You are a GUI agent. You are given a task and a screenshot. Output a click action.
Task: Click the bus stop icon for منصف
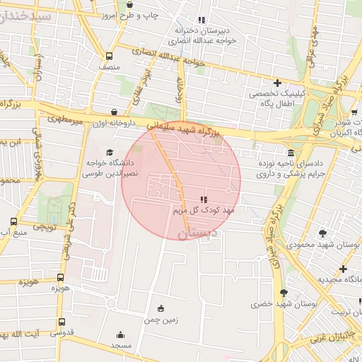point(109,56)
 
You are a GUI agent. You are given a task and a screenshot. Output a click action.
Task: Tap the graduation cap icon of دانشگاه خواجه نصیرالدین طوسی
point(109,152)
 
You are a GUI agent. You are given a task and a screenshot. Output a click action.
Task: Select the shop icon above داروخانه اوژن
point(115,112)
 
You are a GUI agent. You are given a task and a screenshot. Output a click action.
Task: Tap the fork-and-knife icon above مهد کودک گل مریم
point(204,199)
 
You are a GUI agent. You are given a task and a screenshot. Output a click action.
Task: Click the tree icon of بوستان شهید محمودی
point(323,233)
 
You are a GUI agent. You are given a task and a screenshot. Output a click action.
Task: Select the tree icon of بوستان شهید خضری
point(284,293)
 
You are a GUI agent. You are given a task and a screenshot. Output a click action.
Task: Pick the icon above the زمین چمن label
point(160,308)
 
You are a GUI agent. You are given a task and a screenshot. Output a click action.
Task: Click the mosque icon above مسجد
point(120,335)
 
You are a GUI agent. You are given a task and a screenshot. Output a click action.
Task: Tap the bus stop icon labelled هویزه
point(60,278)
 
